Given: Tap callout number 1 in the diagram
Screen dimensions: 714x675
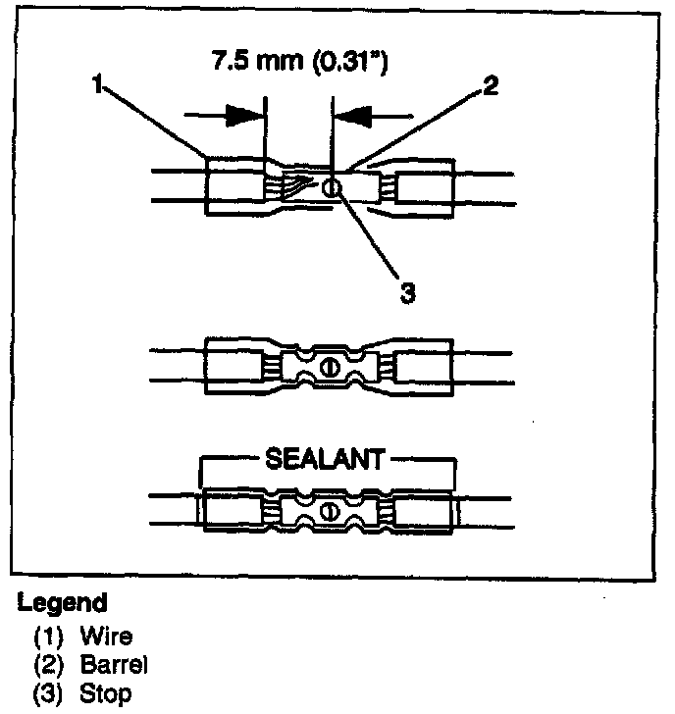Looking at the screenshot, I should tap(97, 85).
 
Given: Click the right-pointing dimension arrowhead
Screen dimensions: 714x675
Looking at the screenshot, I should tap(245, 115).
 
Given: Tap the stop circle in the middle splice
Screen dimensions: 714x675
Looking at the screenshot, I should tap(330, 367).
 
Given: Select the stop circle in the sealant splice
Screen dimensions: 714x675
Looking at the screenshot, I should tap(330, 511).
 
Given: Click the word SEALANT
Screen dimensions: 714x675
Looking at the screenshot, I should tap(328, 458).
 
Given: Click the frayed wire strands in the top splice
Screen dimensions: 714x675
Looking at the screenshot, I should tap(299, 183).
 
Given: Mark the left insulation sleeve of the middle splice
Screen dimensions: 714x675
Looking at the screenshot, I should tap(234, 367).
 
